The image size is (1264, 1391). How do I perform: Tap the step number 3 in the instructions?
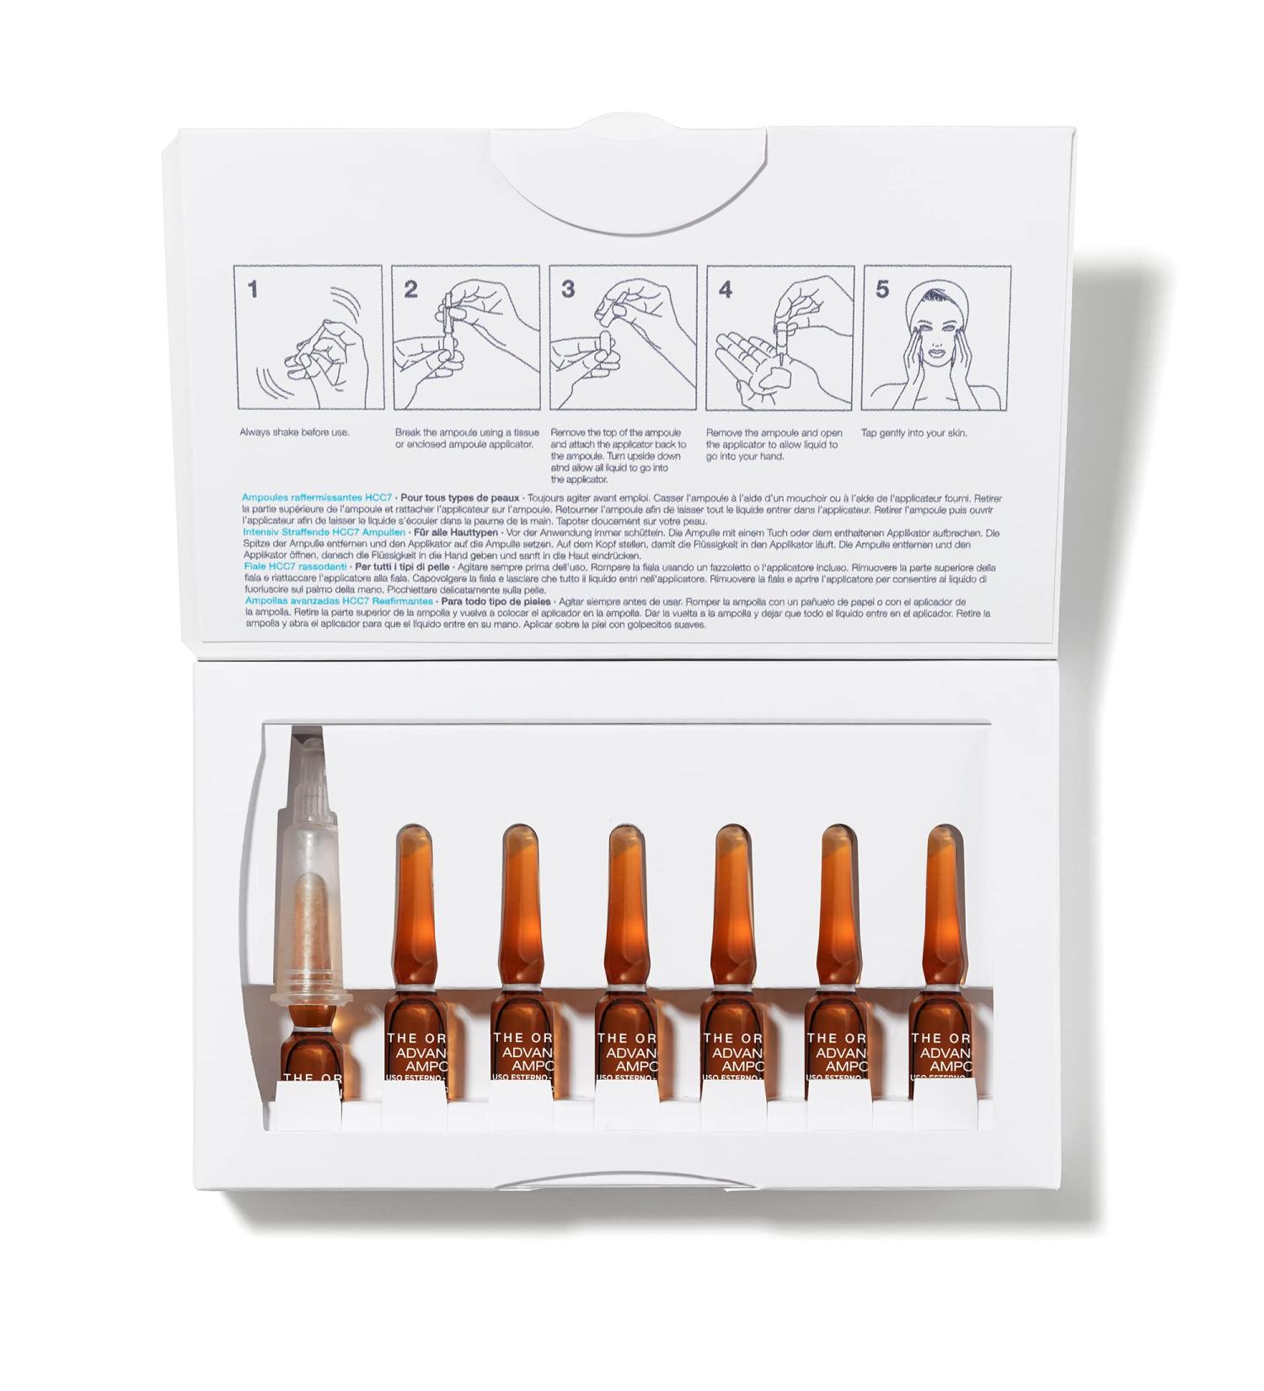tap(568, 289)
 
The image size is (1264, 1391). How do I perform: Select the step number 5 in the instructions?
tap(882, 289)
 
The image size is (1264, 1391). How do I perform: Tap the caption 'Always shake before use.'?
tap(294, 432)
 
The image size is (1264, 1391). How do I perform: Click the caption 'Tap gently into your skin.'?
tap(913, 433)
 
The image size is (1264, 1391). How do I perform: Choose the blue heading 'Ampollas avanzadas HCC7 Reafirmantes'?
tap(339, 602)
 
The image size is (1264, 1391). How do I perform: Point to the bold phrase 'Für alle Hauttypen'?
tap(457, 533)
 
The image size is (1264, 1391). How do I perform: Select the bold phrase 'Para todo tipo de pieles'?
tap(496, 602)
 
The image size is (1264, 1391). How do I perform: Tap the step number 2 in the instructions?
tap(410, 289)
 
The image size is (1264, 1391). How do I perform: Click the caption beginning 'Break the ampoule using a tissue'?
tap(463, 438)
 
